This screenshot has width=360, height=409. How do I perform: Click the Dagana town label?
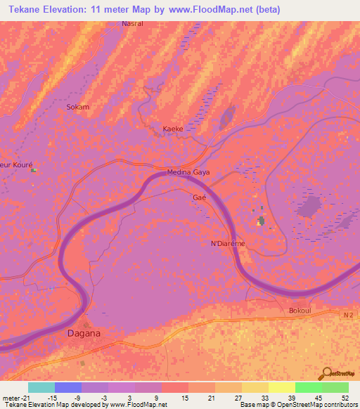[84, 333]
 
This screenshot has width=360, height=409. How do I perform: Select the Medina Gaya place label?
[188, 172]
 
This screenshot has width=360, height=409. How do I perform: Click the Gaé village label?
[198, 198]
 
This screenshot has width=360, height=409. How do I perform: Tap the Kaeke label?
[173, 129]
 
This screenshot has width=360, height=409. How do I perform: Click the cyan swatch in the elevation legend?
[41, 387]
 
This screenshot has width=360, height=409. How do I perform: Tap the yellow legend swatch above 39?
[281, 387]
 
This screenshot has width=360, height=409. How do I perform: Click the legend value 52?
[345, 398]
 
